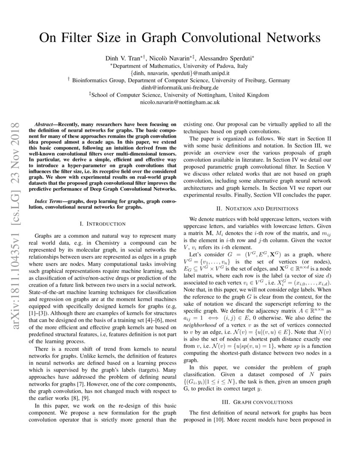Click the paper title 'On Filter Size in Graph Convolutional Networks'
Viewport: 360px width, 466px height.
click(x=180, y=38)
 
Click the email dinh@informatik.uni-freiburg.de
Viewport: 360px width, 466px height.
click(x=180, y=87)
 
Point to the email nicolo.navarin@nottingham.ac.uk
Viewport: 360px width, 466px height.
click(x=180, y=102)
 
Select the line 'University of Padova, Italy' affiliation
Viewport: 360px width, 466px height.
click(x=180, y=66)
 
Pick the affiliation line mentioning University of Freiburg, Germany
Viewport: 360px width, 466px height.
click(x=180, y=80)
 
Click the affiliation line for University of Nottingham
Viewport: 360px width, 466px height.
click(x=180, y=95)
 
